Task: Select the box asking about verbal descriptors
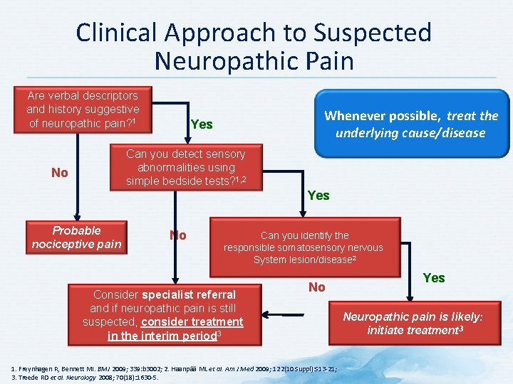pos(83,110)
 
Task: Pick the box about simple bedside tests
pos(185,168)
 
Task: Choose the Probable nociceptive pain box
pos(76,238)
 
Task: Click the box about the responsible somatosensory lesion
pos(303,247)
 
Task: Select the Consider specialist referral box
pos(165,314)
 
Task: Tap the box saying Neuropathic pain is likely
pos(413,324)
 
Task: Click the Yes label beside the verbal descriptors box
pos(202,124)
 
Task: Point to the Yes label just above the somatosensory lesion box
pos(318,195)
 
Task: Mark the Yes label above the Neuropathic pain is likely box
pos(434,278)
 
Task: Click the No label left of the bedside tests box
pos(60,173)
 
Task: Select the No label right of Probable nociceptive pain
pos(177,235)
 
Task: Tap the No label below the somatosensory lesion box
pos(317,287)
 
